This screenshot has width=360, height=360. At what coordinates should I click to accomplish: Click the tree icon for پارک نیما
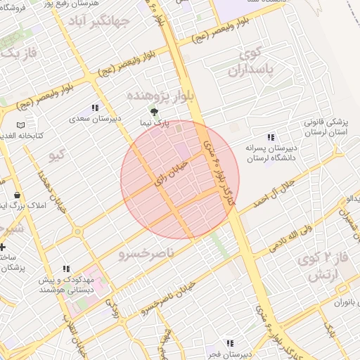point(155,111)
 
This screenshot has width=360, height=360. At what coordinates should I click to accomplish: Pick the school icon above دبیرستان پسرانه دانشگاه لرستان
point(271,137)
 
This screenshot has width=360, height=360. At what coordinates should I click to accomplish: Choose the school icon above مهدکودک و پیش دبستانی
point(66,268)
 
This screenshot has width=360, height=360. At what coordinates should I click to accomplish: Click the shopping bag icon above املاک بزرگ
point(17,195)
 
